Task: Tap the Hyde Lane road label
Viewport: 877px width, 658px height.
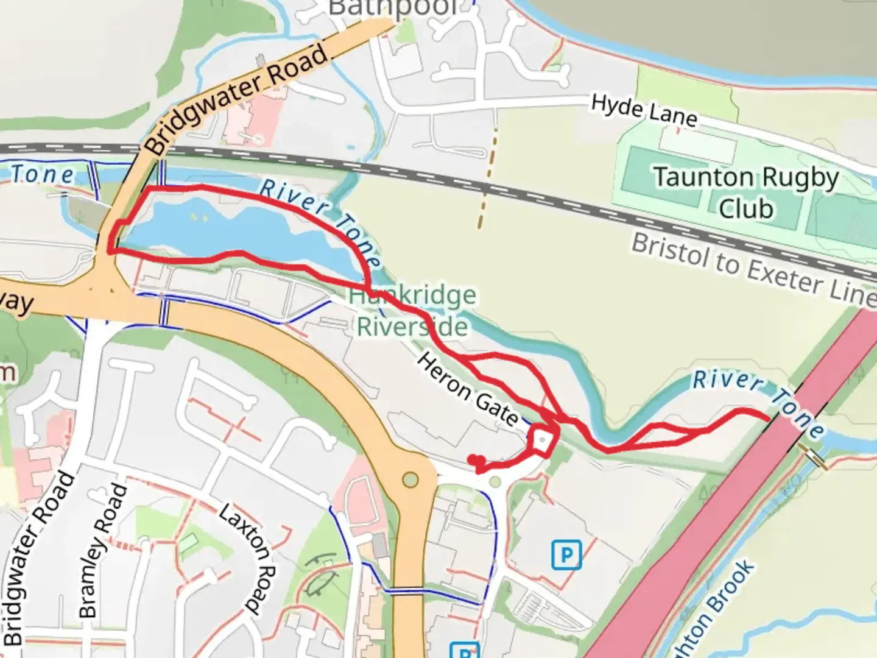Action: [x=644, y=111]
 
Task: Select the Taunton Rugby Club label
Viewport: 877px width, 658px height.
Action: [x=746, y=193]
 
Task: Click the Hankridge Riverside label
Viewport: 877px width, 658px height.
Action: [x=412, y=311]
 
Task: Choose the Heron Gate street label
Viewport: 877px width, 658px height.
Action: [x=468, y=390]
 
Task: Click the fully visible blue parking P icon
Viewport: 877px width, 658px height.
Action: [x=566, y=554]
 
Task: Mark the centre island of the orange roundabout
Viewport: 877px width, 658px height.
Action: [x=411, y=479]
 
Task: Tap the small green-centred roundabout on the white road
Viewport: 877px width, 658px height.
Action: [x=495, y=483]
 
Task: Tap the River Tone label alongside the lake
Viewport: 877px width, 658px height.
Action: [x=320, y=220]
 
